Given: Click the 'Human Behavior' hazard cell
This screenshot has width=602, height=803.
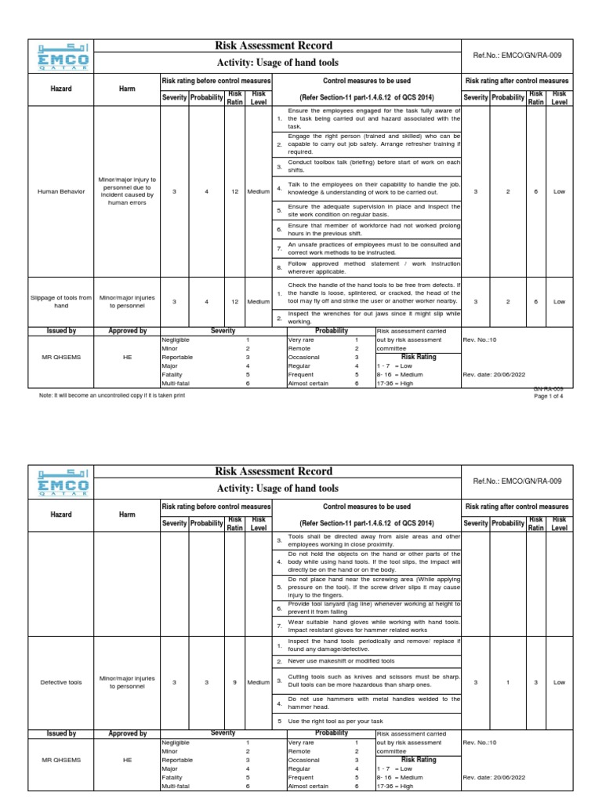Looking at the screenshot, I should [61, 191].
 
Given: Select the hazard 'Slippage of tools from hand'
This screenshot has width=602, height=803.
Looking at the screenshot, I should [61, 300].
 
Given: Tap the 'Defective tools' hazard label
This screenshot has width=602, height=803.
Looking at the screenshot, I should [61, 682].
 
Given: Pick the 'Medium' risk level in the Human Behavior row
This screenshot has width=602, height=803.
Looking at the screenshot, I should [258, 191].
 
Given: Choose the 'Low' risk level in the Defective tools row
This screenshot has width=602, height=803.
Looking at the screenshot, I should [559, 682].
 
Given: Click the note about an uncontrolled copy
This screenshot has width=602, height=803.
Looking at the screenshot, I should [112, 395].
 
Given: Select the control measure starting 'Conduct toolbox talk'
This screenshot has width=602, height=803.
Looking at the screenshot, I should [373, 167].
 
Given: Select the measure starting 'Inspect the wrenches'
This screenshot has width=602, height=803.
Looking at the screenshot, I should [373, 317].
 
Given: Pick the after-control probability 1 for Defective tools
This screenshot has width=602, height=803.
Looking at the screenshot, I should [509, 682].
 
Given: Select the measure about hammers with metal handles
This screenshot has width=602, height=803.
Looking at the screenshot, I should [373, 702].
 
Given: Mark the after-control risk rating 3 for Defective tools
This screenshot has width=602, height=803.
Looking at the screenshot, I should [536, 682].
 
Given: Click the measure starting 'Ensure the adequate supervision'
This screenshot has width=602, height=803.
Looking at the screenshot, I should [373, 210].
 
